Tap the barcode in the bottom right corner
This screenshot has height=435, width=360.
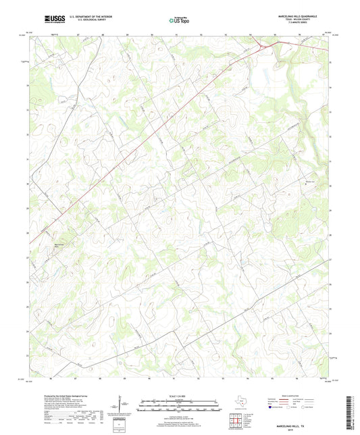349,412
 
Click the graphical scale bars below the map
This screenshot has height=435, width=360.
180,407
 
